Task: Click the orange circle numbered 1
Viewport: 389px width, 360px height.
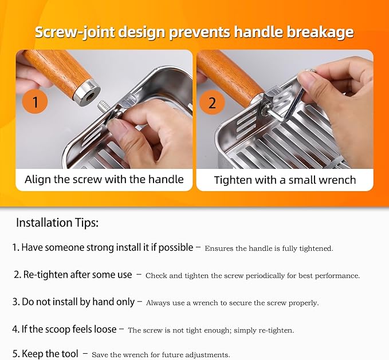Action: tap(36, 103)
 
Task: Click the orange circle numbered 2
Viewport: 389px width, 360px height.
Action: tap(213, 103)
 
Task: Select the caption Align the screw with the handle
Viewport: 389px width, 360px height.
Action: tap(104, 179)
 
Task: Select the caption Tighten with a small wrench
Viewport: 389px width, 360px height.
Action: tap(285, 180)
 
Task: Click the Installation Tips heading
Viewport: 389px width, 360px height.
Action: tap(57, 223)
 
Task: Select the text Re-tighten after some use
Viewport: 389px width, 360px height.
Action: tap(73, 275)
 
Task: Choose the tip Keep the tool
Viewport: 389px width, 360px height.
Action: tap(46, 354)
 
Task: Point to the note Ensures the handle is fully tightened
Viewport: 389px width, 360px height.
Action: tap(269, 248)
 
